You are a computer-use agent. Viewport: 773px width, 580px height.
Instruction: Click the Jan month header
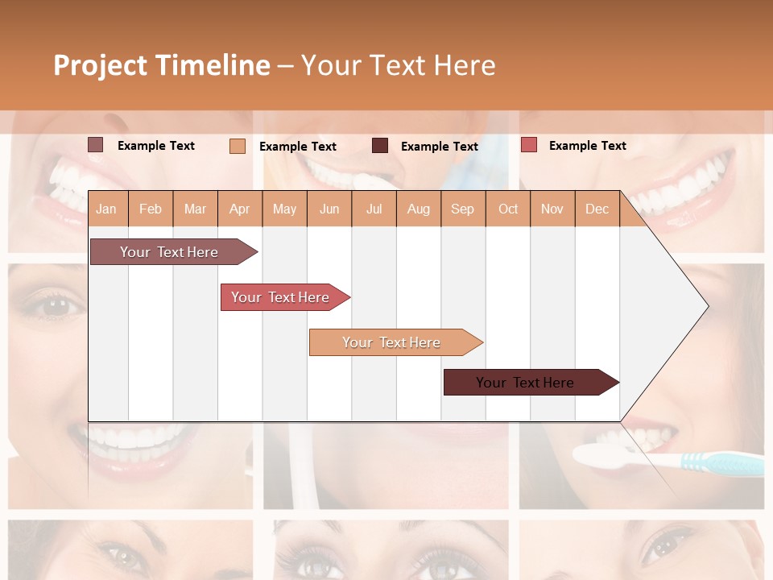pyautogui.click(x=106, y=209)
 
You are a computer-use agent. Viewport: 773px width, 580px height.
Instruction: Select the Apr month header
pyautogui.click(x=239, y=209)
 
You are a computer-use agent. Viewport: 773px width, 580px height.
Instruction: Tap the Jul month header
pyautogui.click(x=374, y=209)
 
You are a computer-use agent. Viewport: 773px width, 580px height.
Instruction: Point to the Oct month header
pyautogui.click(x=508, y=209)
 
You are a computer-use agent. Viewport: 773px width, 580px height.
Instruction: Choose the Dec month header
pyautogui.click(x=597, y=209)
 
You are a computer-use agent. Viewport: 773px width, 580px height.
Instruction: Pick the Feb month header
pyautogui.click(x=151, y=209)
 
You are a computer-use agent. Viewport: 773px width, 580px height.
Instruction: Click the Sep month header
pyautogui.click(x=462, y=209)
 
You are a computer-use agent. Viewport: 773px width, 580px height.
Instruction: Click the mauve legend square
pyautogui.click(x=96, y=145)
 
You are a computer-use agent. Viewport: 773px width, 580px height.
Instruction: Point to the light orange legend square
pyautogui.click(x=238, y=146)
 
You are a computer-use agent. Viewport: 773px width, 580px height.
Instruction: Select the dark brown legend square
pyautogui.click(x=380, y=146)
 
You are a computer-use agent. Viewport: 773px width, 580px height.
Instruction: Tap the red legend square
pyautogui.click(x=528, y=145)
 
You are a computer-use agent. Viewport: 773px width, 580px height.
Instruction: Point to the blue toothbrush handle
pyautogui.click(x=721, y=463)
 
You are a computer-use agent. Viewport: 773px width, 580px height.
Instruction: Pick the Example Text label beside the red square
pyautogui.click(x=587, y=145)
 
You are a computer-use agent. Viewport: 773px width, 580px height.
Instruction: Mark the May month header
pyautogui.click(x=284, y=209)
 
